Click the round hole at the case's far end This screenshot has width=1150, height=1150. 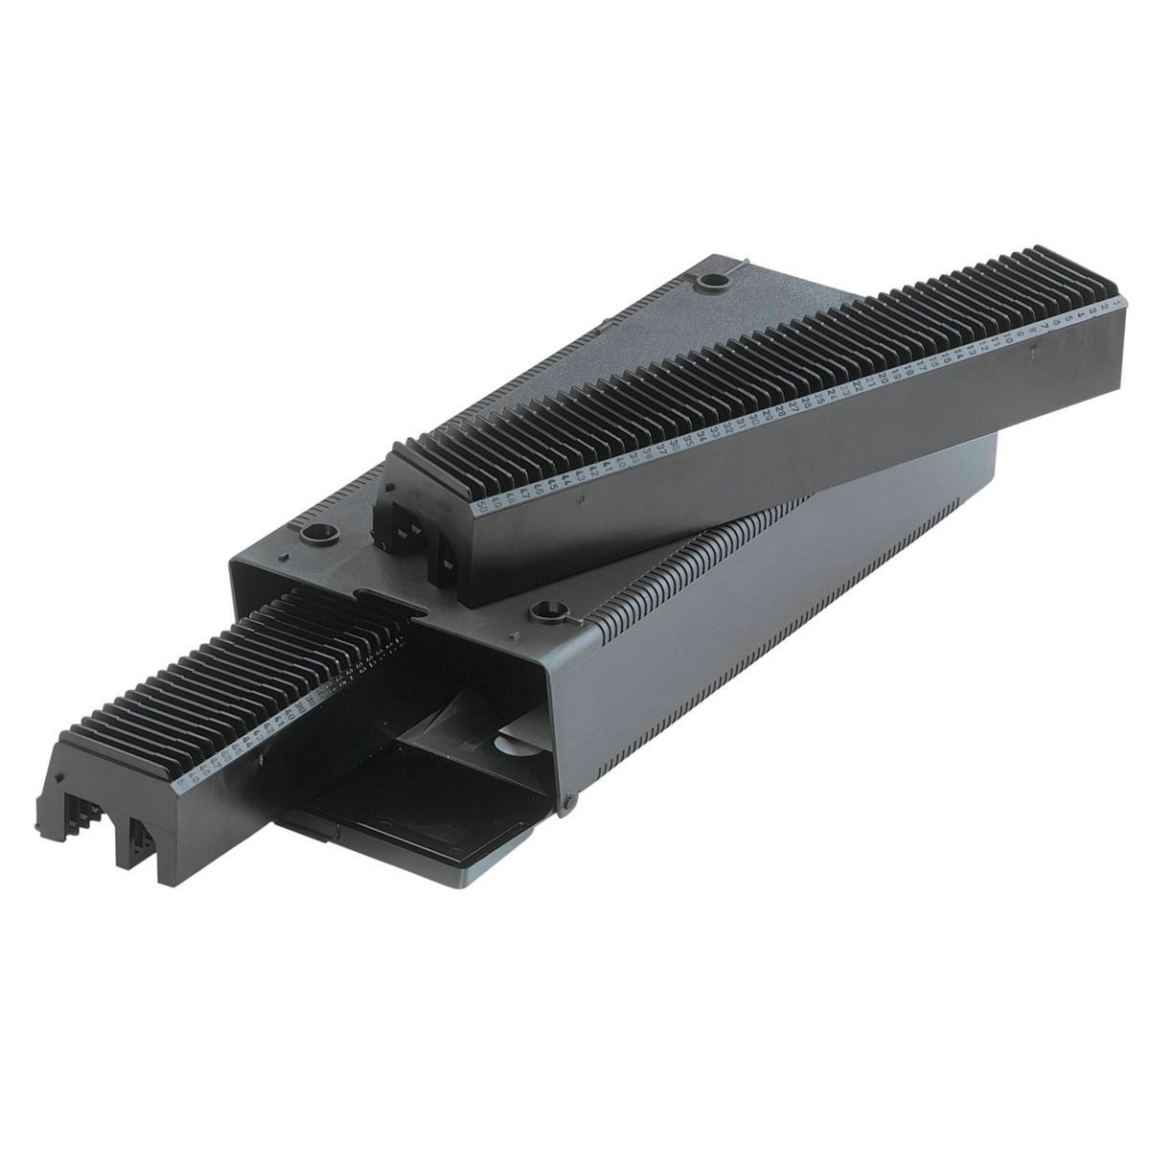[x=711, y=283]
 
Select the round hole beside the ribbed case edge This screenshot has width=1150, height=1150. [x=547, y=609]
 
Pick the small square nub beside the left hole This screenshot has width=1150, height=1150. [x=284, y=556]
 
